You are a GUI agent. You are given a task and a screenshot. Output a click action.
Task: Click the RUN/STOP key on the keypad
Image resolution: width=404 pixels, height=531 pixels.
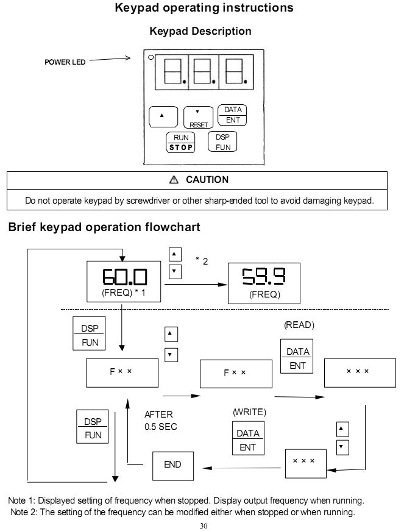[x=180, y=143]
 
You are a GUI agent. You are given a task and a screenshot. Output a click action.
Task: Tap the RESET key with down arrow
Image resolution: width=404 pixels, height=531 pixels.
[x=198, y=118]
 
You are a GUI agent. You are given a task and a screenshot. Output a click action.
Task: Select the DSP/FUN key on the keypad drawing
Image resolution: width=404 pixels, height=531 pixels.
[x=222, y=141]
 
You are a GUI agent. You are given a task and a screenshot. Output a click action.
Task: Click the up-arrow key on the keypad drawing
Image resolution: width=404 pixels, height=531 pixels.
[x=163, y=116]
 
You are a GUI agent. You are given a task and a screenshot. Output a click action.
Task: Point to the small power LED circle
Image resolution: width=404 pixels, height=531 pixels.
[x=151, y=57]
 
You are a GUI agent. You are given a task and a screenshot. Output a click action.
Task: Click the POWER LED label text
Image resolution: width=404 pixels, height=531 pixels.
[x=65, y=62]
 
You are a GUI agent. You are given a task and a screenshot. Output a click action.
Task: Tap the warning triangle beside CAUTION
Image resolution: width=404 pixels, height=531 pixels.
[x=174, y=179]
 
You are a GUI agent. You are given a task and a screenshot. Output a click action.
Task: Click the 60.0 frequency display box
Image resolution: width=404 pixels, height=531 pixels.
[x=124, y=282]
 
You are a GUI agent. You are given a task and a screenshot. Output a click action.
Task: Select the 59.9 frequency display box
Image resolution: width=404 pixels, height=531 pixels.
[x=264, y=283]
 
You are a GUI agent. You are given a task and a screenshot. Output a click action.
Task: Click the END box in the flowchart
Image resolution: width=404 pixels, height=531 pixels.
[x=173, y=466]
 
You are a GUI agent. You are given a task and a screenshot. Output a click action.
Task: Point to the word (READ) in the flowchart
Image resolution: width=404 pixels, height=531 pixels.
[x=299, y=325]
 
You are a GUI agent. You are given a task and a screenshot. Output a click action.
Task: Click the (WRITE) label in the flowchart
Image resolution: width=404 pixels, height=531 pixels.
[x=249, y=412]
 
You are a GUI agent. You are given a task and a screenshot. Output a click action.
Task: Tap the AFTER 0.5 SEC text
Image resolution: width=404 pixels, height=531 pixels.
[x=161, y=421]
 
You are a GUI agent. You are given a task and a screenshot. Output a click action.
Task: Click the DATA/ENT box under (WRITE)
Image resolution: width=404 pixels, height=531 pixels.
[x=248, y=438]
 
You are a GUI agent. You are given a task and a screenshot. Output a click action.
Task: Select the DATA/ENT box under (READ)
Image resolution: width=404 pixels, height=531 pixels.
[x=297, y=356]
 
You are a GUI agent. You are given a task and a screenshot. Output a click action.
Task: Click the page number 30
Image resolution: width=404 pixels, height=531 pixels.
[x=204, y=526]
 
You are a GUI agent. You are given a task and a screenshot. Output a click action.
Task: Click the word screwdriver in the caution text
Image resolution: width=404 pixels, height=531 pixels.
[x=148, y=201]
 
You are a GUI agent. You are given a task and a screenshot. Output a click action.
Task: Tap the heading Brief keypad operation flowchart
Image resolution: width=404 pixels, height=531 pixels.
[x=104, y=227]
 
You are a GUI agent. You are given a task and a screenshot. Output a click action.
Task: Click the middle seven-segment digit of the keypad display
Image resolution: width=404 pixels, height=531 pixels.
[x=204, y=72]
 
